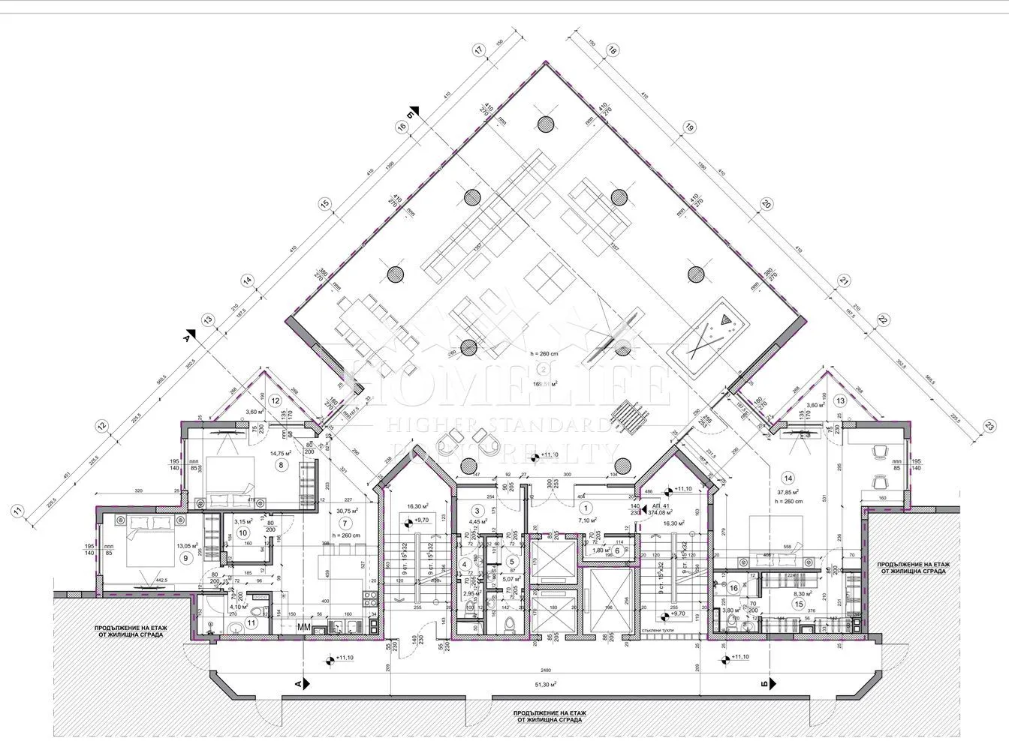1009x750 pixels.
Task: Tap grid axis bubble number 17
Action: coord(477,51)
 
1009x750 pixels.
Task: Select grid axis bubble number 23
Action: coord(989,426)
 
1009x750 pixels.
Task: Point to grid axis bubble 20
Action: coord(766,203)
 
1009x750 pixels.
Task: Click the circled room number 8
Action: coord(282,465)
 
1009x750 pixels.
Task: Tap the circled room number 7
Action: coord(345,523)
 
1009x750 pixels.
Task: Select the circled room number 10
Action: coord(242,532)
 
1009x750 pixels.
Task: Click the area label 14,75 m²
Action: coord(281,453)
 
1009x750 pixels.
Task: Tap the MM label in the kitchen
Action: coord(305,626)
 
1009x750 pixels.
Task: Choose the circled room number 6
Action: coord(617,550)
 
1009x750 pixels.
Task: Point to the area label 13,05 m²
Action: coord(187,545)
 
